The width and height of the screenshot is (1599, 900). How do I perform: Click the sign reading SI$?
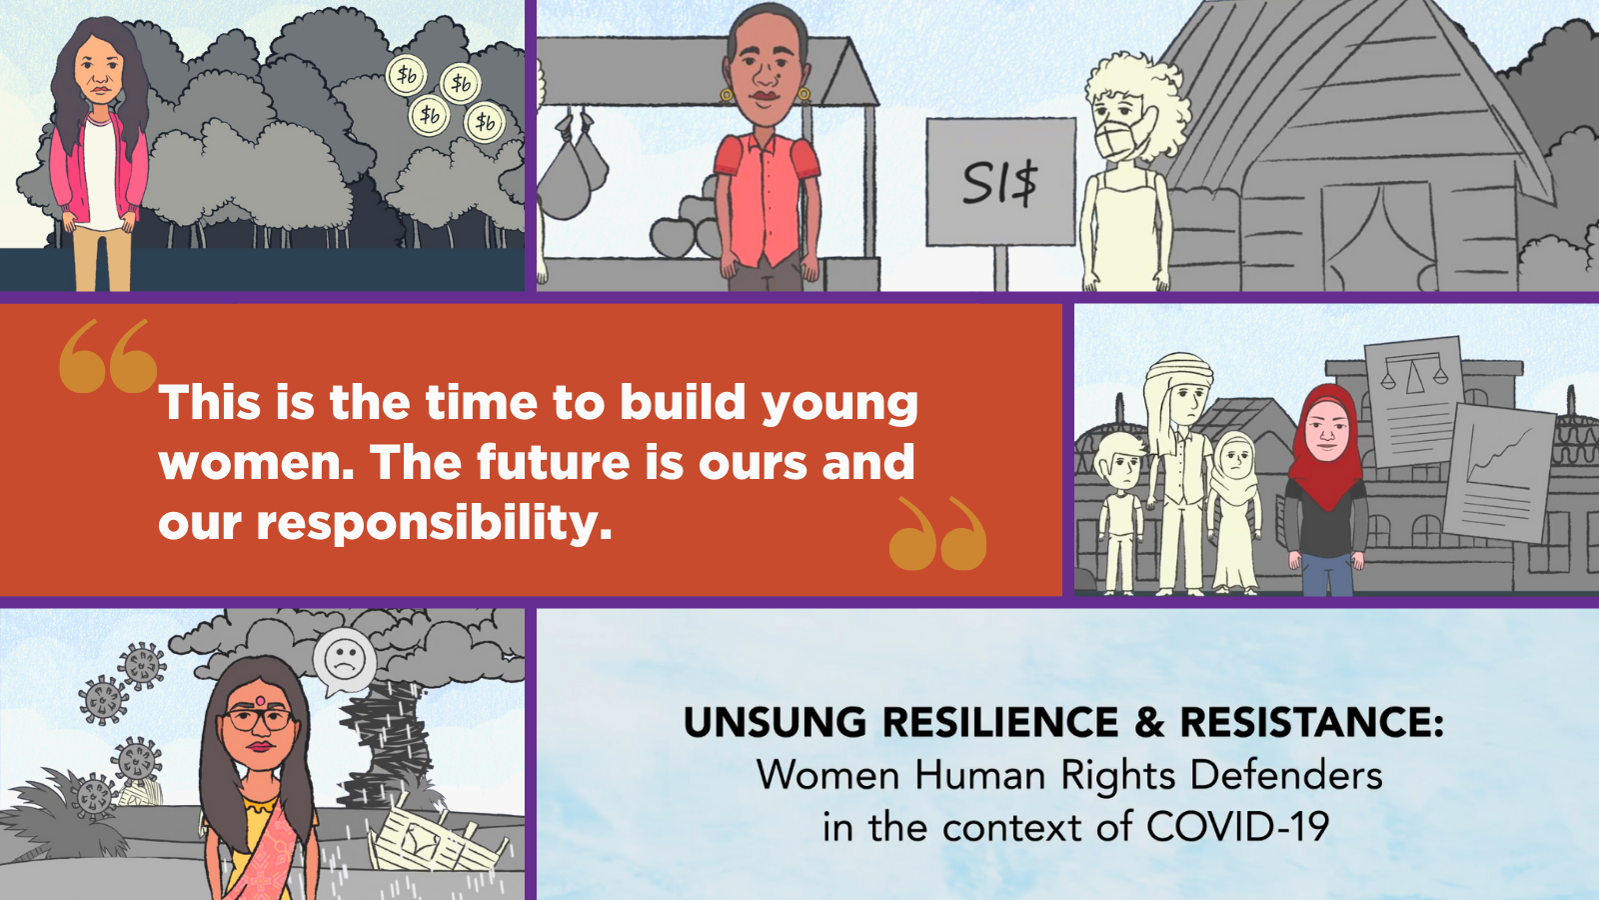click(1000, 182)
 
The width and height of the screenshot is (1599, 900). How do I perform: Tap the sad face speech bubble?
click(345, 662)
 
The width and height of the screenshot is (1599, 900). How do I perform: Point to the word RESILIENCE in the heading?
click(1000, 721)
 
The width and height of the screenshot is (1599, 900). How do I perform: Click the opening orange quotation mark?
click(108, 356)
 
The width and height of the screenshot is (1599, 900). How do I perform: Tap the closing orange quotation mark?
click(938, 533)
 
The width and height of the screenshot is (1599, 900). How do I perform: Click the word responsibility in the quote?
click(434, 523)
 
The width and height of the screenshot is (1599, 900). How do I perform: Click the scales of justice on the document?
click(1413, 374)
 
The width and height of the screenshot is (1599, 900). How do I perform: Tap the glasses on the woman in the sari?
click(259, 719)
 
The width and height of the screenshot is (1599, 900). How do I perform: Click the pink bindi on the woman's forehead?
click(260, 701)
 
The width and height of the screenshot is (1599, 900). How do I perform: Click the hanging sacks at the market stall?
click(574, 167)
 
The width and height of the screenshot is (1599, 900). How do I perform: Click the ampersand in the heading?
click(1149, 721)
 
